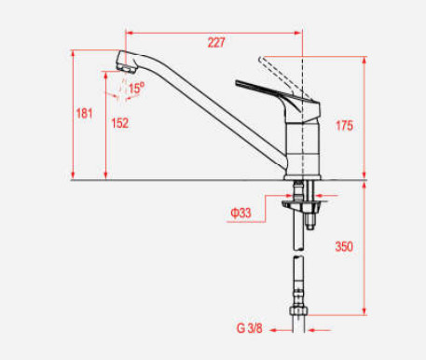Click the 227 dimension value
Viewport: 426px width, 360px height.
[x=216, y=43]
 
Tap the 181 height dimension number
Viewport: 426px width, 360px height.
[x=84, y=113]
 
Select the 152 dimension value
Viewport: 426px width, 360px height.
[x=119, y=123]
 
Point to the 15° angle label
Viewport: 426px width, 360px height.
[x=136, y=88]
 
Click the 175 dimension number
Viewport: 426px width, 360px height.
[x=344, y=126]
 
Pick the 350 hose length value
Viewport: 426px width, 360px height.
[x=344, y=246]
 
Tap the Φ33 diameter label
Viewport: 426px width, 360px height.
[x=240, y=213]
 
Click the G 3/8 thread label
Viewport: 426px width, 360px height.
[x=250, y=328]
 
